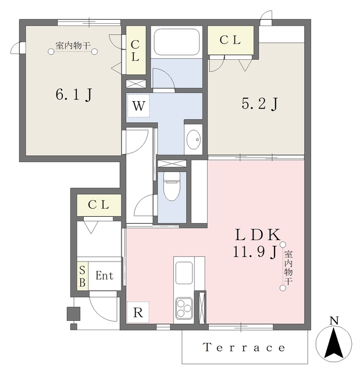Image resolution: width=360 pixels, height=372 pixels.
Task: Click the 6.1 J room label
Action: (x=74, y=94)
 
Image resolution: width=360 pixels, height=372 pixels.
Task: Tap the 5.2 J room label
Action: (x=259, y=103)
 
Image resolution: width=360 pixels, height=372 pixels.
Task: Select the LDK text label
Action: (x=258, y=235)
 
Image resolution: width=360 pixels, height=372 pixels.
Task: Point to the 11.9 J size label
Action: (x=255, y=252)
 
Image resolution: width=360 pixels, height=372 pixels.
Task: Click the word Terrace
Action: (x=244, y=348)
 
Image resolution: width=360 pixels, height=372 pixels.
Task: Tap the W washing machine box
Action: (x=138, y=106)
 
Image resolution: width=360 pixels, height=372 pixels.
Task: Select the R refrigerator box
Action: (x=138, y=312)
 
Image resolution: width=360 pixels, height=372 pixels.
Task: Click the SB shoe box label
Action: (x=83, y=276)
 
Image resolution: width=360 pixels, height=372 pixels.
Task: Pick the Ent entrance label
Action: (x=105, y=276)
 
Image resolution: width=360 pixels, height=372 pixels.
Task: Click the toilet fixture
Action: (x=172, y=187)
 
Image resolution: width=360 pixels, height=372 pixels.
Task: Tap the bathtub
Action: (x=176, y=42)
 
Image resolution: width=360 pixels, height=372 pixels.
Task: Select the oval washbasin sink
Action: (x=194, y=139)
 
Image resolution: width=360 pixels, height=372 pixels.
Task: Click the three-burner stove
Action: (x=184, y=307)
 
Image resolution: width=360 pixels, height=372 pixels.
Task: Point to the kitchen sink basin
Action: (x=184, y=273)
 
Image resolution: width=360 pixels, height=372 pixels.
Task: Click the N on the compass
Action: (x=334, y=321)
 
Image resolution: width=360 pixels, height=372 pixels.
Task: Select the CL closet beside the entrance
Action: (x=99, y=205)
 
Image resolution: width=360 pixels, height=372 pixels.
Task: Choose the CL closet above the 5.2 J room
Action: (x=231, y=40)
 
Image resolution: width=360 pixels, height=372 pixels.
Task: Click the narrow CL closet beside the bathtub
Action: (x=136, y=50)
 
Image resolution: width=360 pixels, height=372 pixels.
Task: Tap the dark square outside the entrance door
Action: (x=73, y=314)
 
